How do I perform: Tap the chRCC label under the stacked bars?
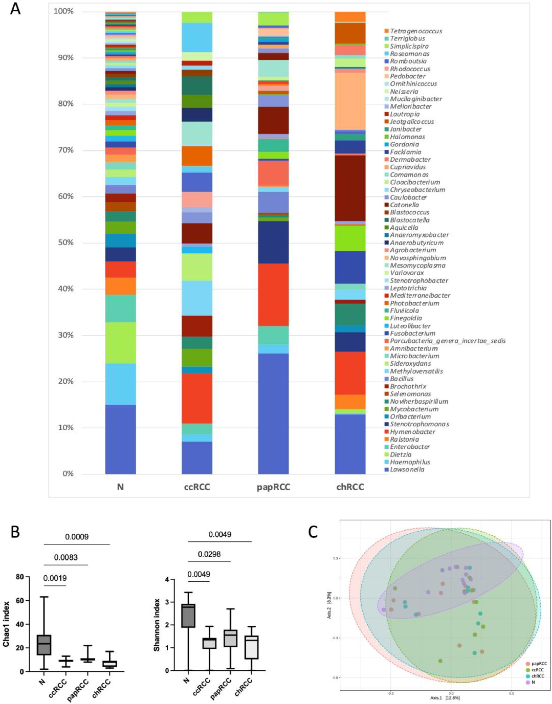tap(350, 487)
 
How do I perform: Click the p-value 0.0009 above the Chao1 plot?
tap(77, 537)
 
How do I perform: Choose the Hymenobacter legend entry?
tap(413, 432)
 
